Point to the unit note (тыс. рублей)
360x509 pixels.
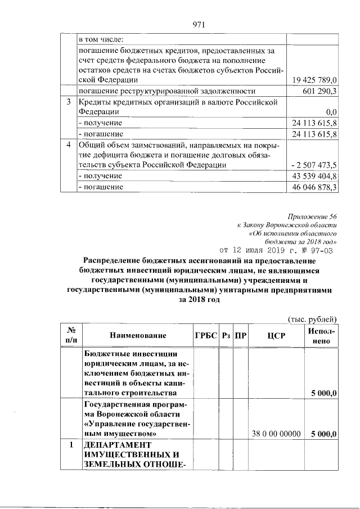tap(312, 319)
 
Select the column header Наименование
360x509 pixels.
tap(138, 336)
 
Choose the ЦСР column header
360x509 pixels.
tap(276, 336)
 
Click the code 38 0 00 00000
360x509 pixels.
tap(276, 433)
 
